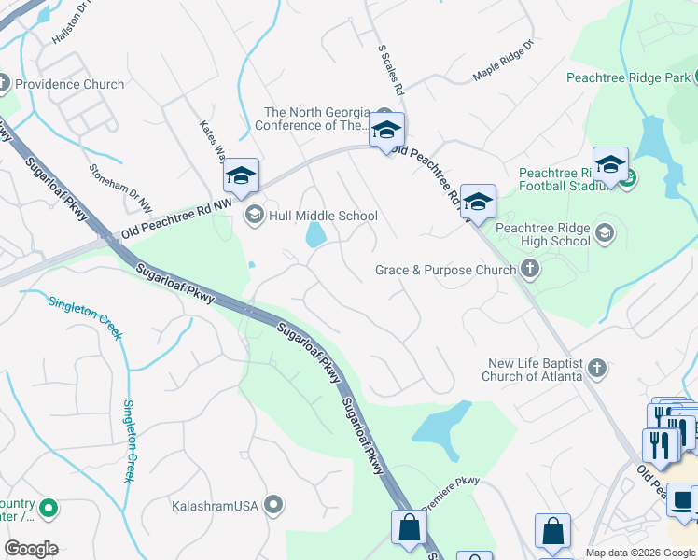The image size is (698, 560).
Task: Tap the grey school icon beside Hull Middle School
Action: [253, 216]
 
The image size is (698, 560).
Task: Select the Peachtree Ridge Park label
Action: [632, 77]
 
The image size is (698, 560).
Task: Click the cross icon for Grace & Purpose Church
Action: [530, 271]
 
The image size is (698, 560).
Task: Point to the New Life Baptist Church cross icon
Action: [597, 370]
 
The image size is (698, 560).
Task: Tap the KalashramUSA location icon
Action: [273, 506]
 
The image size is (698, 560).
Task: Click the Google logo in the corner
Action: [31, 549]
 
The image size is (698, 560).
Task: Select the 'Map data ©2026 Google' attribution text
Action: [640, 553]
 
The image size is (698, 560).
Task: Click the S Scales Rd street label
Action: [390, 70]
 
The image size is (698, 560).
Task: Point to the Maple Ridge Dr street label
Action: [502, 60]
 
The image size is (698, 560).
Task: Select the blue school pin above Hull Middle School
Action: [240, 175]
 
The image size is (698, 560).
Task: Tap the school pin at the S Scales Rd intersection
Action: [385, 131]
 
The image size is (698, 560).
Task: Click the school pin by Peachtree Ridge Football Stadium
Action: [610, 165]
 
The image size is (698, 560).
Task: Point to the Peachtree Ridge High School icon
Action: [604, 232]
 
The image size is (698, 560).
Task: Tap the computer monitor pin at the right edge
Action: [684, 502]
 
